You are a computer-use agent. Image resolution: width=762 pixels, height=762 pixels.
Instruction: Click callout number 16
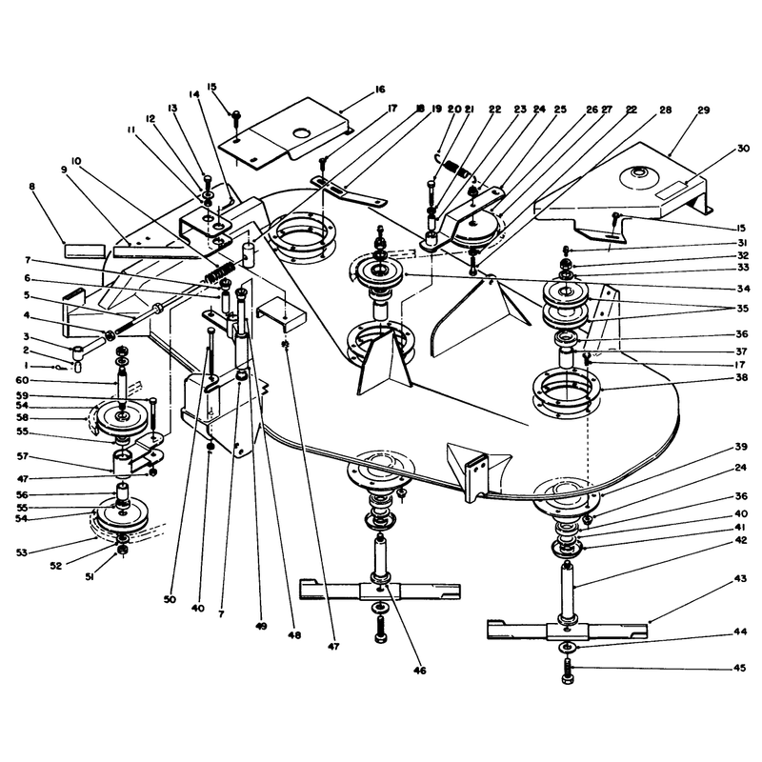[380, 90]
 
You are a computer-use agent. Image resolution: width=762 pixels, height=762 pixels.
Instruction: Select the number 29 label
[703, 110]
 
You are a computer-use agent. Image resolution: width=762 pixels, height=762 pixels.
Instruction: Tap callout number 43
[740, 578]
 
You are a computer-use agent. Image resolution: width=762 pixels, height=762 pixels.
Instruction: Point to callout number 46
[419, 671]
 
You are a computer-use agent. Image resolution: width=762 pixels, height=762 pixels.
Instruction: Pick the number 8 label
[32, 186]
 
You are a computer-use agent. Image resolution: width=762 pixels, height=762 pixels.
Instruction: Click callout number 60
[22, 380]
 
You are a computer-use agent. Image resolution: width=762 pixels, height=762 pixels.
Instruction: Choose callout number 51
[90, 577]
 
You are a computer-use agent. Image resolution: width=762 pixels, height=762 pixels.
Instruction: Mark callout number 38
[742, 377]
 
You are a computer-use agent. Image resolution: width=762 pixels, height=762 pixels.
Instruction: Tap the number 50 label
[170, 600]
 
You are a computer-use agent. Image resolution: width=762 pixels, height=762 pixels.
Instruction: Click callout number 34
[743, 289]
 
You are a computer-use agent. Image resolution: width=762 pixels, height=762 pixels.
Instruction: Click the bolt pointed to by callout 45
[568, 671]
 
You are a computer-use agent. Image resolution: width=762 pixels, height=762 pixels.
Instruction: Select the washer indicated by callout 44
[567, 647]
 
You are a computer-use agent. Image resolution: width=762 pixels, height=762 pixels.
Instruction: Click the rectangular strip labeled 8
[85, 251]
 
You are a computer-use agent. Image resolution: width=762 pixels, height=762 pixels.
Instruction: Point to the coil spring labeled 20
[453, 167]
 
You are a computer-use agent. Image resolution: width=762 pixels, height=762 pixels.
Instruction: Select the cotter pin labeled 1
[57, 368]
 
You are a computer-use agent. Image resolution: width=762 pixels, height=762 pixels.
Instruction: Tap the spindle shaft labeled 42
[568, 592]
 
